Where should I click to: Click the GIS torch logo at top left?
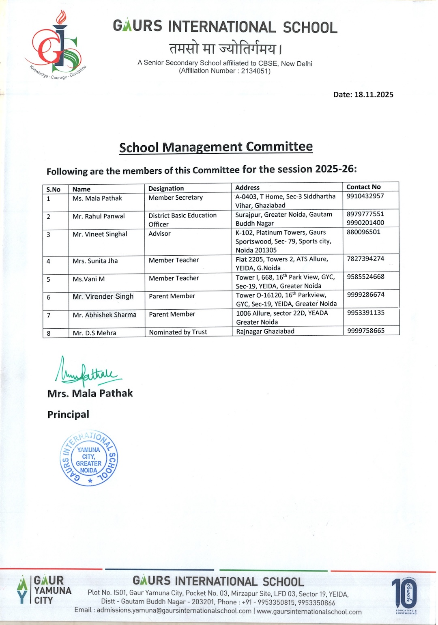(x=57, y=47)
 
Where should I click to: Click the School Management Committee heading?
(x=216, y=147)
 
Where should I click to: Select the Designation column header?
(x=166, y=188)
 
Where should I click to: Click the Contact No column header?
(x=363, y=187)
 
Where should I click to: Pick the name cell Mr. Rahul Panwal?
(x=99, y=216)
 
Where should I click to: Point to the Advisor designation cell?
(x=159, y=234)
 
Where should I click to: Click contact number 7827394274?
(x=365, y=259)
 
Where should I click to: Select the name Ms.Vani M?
(x=88, y=279)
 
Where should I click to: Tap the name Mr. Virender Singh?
(x=103, y=297)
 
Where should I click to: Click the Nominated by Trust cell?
(x=178, y=332)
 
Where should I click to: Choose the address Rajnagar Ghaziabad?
(x=265, y=331)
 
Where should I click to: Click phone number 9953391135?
(x=366, y=312)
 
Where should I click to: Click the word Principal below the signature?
(x=68, y=414)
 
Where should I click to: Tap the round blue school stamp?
(x=89, y=458)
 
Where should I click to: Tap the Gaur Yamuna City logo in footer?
(x=45, y=590)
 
